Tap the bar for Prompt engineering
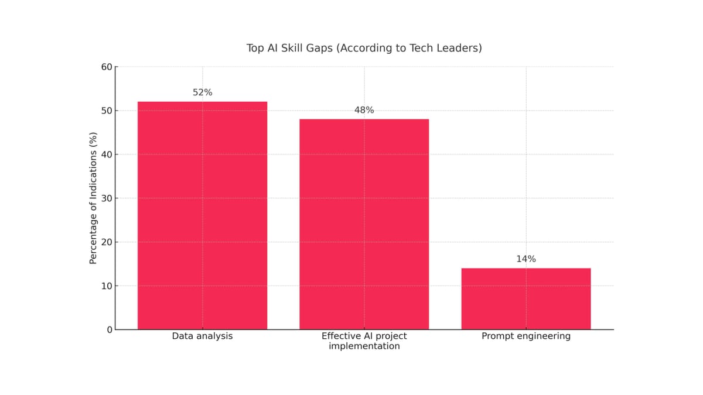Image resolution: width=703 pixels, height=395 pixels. [x=525, y=298]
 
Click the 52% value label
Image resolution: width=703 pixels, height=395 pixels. [x=202, y=92]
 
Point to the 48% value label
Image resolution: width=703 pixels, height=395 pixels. [x=364, y=110]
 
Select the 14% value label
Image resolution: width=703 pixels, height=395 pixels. [x=525, y=259]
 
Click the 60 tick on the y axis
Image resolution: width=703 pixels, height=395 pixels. [x=107, y=67]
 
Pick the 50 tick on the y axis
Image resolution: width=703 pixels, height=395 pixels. [x=107, y=111]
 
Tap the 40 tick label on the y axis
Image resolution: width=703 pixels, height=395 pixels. [x=107, y=154]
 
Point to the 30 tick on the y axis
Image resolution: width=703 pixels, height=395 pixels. [x=107, y=198]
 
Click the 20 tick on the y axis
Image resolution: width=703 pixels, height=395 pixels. [x=107, y=242]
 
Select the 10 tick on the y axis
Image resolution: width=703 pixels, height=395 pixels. [x=107, y=286]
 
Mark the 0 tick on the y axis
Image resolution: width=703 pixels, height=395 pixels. [x=110, y=330]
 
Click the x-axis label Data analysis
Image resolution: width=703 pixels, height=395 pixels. [x=202, y=336]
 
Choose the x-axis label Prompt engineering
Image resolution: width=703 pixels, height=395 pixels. [x=525, y=336]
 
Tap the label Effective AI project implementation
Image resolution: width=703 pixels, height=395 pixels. [x=364, y=341]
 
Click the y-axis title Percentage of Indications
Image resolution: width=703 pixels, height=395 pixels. [x=93, y=198]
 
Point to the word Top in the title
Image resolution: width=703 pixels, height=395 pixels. [x=255, y=48]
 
